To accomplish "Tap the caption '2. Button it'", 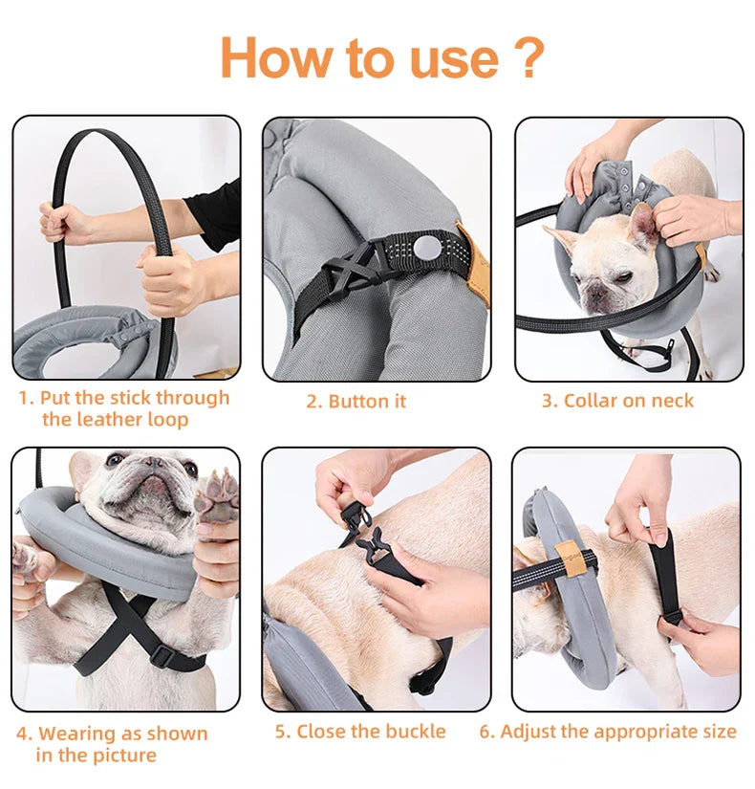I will [x=356, y=401].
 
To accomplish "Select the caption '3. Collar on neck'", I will [x=617, y=401].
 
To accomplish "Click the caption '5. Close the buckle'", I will [x=360, y=732].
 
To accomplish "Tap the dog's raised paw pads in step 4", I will [x=217, y=493].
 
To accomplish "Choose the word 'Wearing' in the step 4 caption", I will [x=75, y=734].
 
